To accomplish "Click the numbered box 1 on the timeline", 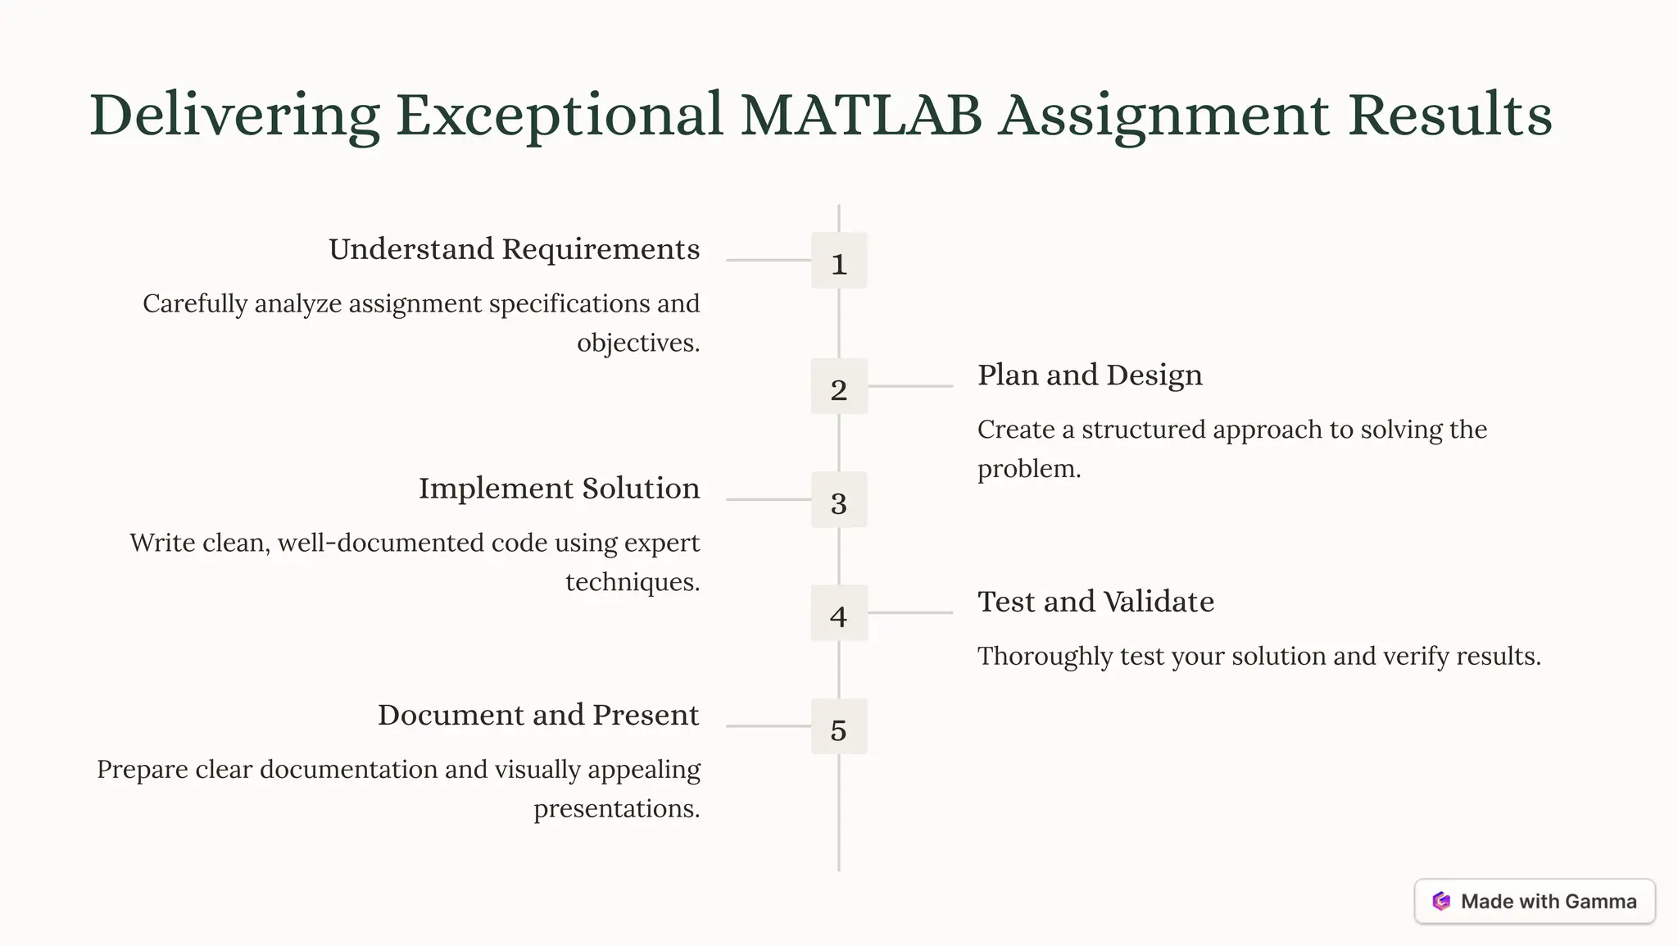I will pos(838,261).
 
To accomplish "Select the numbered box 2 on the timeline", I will pos(838,386).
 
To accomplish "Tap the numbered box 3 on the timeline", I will pos(838,499).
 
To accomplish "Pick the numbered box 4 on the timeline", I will pos(838,612).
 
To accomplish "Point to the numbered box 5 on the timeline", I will pos(838,726).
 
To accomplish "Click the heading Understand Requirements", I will pos(514,249).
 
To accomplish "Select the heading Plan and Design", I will pos(1090,375).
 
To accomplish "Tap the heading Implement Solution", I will pos(559,489).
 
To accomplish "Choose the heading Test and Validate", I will pos(1095,602).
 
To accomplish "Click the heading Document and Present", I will pos(538,715).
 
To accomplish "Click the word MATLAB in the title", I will pos(861,115).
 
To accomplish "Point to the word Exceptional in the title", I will pos(560,115).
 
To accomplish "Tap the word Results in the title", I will pos(1450,115).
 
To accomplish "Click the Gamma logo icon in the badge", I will pos(1441,902).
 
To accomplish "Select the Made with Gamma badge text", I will pos(1549,902).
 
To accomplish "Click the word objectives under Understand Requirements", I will pos(637,343).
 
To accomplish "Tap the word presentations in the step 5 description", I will pos(615,809).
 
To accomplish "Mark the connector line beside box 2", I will pos(910,386).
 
